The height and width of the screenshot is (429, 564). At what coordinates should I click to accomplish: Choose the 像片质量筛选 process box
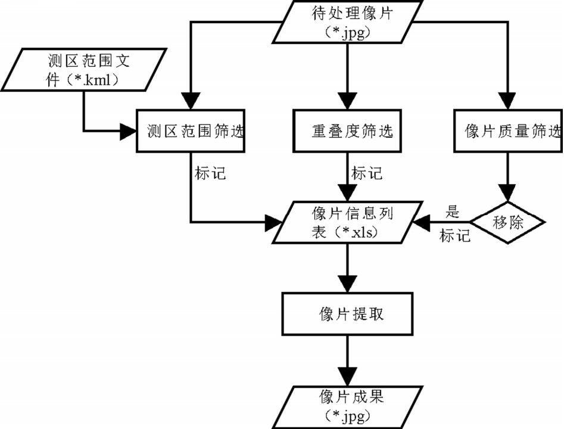507,130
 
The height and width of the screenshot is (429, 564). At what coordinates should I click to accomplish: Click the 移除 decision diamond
507,223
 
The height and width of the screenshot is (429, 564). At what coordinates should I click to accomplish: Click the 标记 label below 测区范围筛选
210,173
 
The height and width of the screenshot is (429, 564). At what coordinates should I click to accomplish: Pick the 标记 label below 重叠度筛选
366,173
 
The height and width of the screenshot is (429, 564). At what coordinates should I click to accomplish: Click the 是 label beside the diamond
453,212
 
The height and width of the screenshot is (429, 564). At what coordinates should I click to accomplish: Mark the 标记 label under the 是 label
456,235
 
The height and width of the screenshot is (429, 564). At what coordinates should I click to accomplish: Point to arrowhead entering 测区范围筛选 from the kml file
129,131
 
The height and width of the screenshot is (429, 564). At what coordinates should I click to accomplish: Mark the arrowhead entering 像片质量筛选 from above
507,101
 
